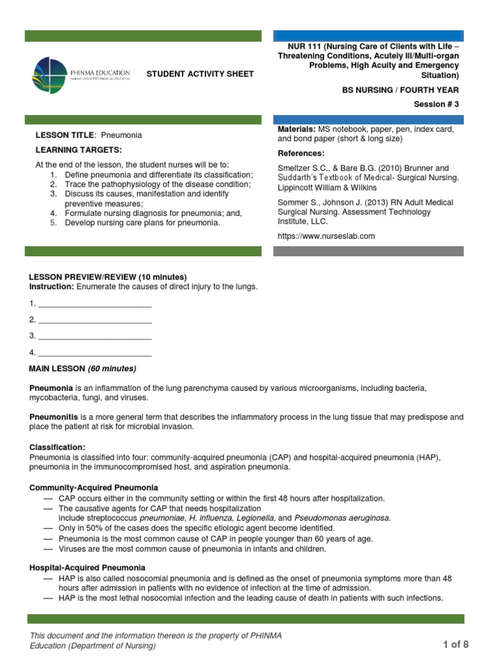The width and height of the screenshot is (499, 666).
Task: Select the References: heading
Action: click(301, 153)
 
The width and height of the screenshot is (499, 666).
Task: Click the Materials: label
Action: click(296, 130)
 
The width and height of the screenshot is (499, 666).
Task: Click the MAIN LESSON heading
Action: click(83, 369)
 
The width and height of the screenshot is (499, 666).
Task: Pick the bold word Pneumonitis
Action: click(54, 416)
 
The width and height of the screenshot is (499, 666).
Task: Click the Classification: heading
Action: click(57, 448)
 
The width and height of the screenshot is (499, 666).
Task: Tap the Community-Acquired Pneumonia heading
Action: click(94, 488)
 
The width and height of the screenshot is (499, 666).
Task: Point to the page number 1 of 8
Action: click(455, 645)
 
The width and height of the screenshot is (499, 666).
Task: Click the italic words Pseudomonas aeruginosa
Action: click(342, 518)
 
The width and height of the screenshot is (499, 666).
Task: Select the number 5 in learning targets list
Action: click(53, 223)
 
